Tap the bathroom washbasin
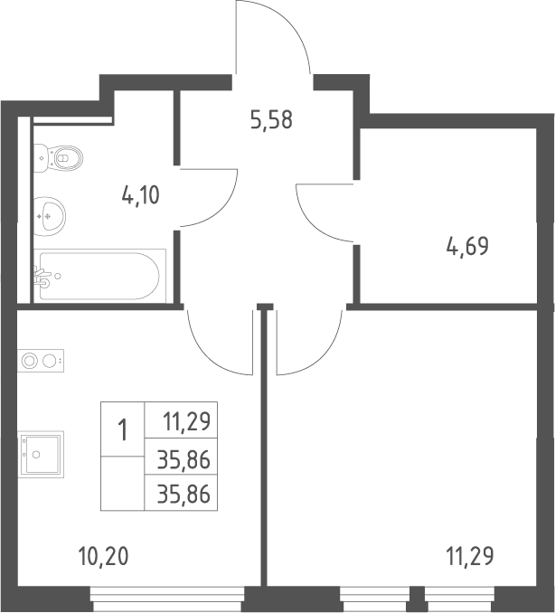pos(50,216)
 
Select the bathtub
pos(99,276)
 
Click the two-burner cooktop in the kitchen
pos(41,361)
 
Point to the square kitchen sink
pos(41,454)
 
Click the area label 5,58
pos(271,120)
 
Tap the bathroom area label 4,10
pos(141,195)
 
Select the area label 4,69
pos(467,246)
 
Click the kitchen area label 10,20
pos(103,556)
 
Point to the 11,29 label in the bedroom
pos(470,556)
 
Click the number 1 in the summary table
pos(123,429)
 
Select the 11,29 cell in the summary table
pos(187,421)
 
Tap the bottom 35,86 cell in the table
pos(183,494)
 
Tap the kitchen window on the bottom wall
pos(167,599)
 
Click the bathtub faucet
pos(42,277)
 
